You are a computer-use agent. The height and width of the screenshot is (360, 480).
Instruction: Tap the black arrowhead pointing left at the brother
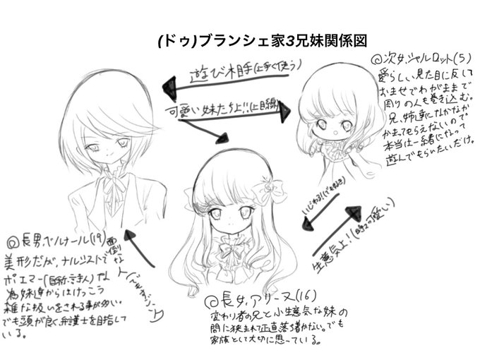tap(168, 86)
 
